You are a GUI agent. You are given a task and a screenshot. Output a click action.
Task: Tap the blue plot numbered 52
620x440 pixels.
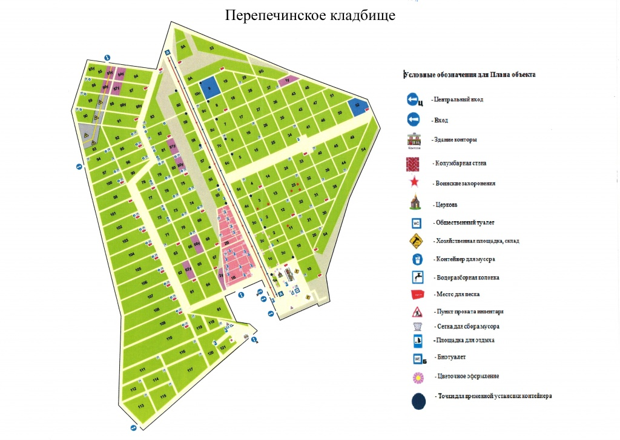pyautogui.click(x=358, y=105)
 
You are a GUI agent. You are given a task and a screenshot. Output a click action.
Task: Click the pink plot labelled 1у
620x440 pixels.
pyautogui.click(x=288, y=80)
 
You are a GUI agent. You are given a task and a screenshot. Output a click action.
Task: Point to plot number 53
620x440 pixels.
pyautogui.click(x=212, y=48)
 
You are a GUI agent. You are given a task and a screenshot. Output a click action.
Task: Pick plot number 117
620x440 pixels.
pyautogui.click(x=190, y=368)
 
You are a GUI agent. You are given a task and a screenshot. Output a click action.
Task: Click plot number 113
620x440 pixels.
pyautogui.click(x=140, y=405)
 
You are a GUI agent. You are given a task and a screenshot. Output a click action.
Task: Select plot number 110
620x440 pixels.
pyautogui.click(x=170, y=338)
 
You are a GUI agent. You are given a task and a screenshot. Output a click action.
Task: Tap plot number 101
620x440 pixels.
pyautogui.click(x=113, y=214)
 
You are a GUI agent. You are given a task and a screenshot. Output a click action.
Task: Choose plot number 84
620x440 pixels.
pyautogui.click(x=136, y=76)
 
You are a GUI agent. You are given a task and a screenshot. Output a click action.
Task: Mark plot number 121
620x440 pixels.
pyautogui.click(x=223, y=347)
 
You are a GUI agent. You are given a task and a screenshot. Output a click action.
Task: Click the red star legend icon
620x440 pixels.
pyautogui.click(x=416, y=182)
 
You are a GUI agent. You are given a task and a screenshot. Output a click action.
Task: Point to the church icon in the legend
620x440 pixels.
pyautogui.click(x=416, y=203)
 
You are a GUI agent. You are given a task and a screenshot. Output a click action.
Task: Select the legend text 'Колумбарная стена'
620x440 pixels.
pyautogui.click(x=461, y=163)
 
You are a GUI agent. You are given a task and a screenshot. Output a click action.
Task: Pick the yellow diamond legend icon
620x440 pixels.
pyautogui.click(x=416, y=241)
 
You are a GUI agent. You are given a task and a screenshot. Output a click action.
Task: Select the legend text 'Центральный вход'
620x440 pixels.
pyautogui.click(x=457, y=99)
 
